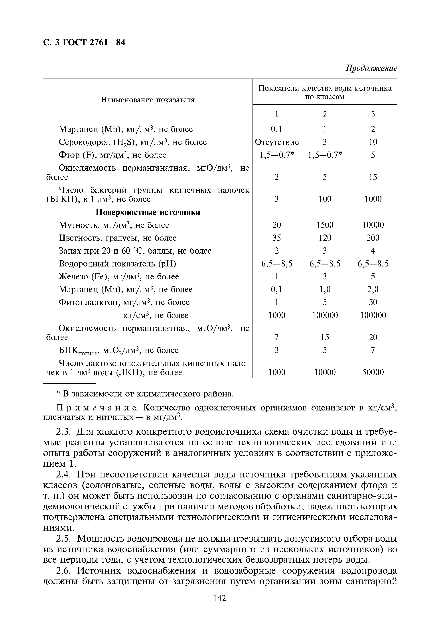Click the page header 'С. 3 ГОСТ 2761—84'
click(84, 43)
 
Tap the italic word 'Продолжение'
click(371, 68)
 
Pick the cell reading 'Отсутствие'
click(276, 142)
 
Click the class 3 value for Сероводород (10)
click(373, 142)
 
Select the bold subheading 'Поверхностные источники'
click(148, 212)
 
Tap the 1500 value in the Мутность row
click(325, 225)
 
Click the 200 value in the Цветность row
click(373, 238)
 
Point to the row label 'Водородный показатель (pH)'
click(117, 264)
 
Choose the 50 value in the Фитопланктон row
click(373, 302)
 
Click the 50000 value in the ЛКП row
click(373, 372)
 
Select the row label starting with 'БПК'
click(118, 351)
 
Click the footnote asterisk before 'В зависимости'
click(58, 393)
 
